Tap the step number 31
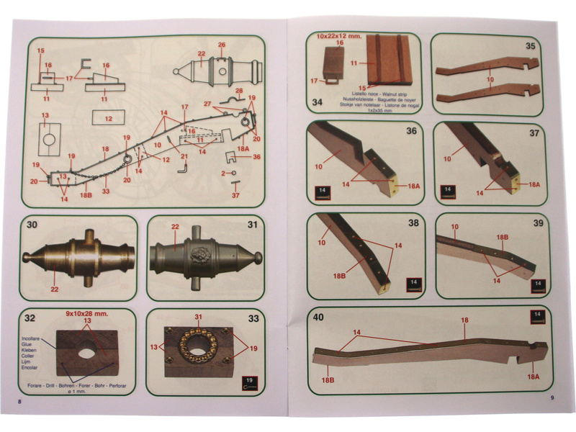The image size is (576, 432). pyautogui.click(x=252, y=225)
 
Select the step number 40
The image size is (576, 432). pyautogui.click(x=318, y=317)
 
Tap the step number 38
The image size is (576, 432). pyautogui.click(x=412, y=222)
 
